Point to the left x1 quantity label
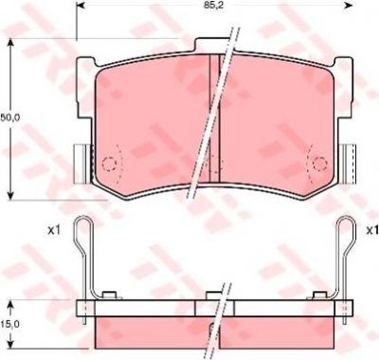53,231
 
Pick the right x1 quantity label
372,231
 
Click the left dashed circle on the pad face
109,164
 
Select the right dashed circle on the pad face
319,163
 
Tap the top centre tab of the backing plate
211,45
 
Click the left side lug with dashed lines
82,164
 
